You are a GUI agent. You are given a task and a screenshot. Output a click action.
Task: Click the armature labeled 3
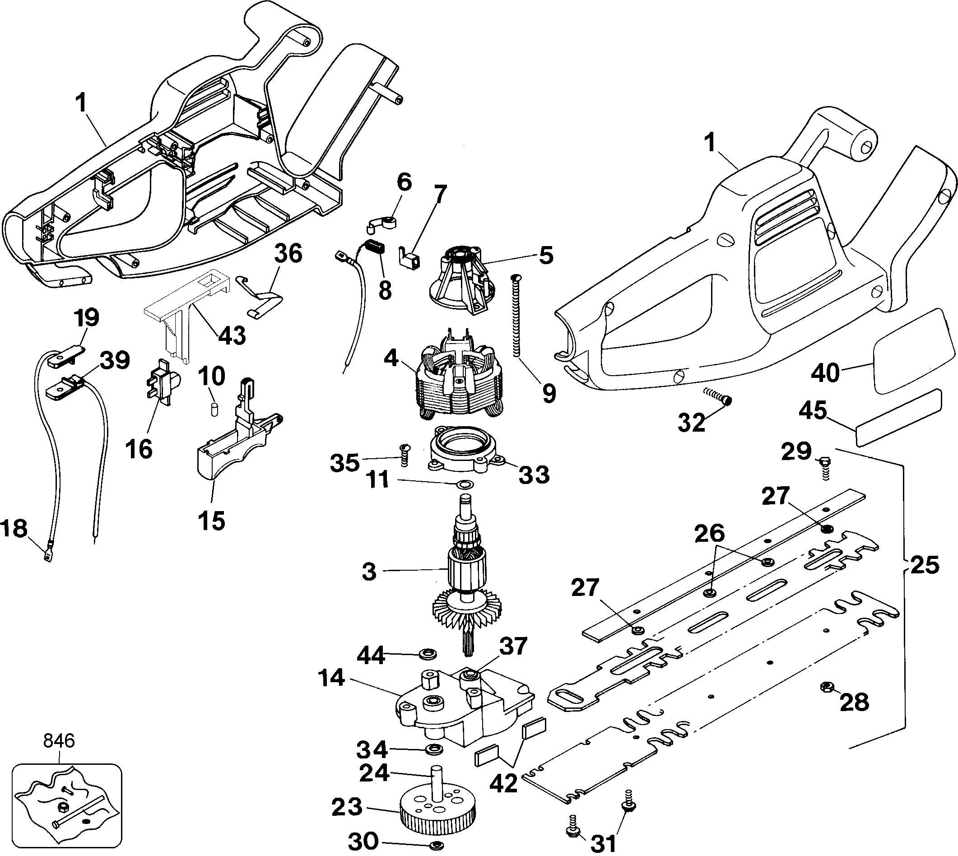tap(465, 571)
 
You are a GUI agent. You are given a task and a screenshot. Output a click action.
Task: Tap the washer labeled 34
tap(431, 749)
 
